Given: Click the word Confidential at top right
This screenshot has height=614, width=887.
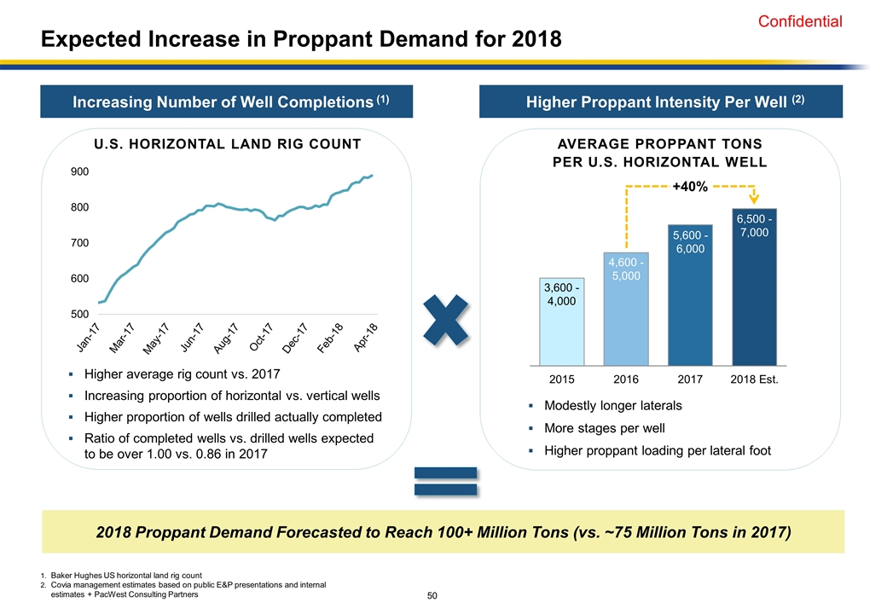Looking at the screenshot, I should coord(800,22).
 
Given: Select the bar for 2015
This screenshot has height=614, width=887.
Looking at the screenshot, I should coord(562,321).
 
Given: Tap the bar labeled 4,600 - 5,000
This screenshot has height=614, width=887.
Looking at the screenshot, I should coord(626,308).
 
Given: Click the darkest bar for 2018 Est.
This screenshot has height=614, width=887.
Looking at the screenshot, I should coord(754,287).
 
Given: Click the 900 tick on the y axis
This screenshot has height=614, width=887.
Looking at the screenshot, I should coord(79,171).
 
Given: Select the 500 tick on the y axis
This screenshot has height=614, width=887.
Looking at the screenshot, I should coord(79,315).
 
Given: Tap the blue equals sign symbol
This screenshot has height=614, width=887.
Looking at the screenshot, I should coord(446,481).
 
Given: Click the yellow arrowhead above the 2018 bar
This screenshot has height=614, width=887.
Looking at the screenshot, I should coord(755,201).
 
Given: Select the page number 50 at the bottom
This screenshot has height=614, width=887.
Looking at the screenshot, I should coord(432,594).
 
